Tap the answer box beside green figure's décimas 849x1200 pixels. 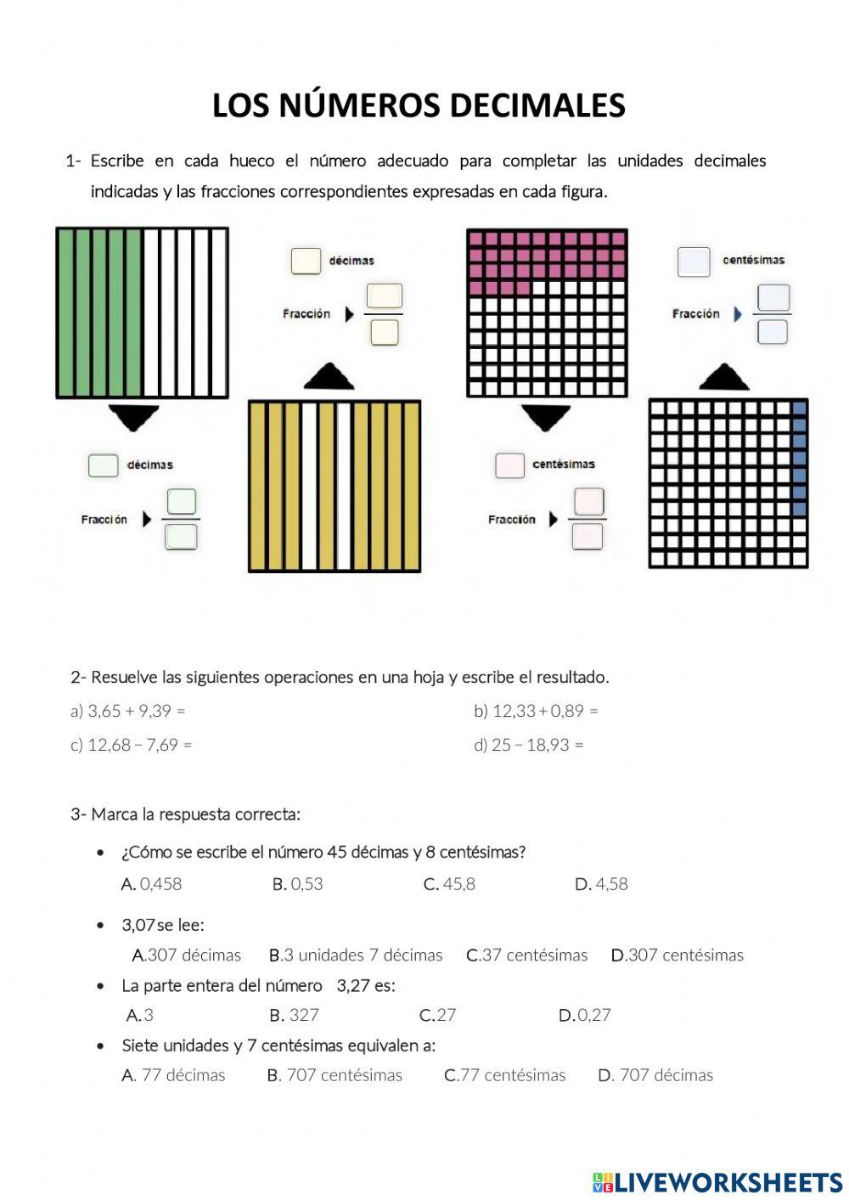tap(103, 465)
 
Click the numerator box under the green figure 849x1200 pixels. tap(182, 502)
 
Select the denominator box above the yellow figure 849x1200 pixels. tap(385, 332)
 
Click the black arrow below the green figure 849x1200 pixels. tap(134, 417)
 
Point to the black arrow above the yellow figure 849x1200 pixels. tap(329, 377)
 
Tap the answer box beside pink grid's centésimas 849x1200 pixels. tap(509, 465)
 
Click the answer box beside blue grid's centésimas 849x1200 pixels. tap(694, 262)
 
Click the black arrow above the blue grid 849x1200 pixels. tap(723, 377)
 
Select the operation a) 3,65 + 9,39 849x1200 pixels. tap(127, 711)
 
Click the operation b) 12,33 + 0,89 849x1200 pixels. tap(536, 711)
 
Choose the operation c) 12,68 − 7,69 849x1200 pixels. tap(131, 745)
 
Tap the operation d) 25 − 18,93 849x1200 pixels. tap(528, 745)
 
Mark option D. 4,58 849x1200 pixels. tap(601, 884)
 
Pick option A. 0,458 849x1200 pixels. tap(152, 884)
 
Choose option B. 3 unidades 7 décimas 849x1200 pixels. tap(356, 955)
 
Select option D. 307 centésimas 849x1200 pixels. tap(677, 955)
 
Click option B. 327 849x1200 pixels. tap(294, 1015)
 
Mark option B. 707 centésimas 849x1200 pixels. tap(335, 1075)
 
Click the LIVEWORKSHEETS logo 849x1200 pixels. tap(717, 1181)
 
